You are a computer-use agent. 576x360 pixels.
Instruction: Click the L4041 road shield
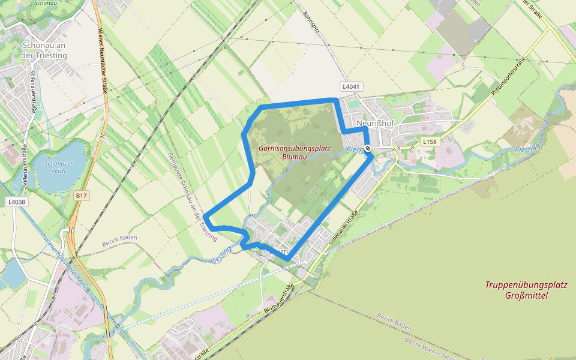coord(352,87)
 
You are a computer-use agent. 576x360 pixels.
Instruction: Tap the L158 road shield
coord(428,142)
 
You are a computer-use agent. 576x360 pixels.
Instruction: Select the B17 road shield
coord(82,196)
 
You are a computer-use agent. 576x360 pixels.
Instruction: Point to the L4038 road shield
coord(17,202)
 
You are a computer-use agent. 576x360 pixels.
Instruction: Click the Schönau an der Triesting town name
coord(44,50)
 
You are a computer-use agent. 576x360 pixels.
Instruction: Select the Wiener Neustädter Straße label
coord(103,61)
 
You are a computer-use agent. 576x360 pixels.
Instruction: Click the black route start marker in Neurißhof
coord(368,148)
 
